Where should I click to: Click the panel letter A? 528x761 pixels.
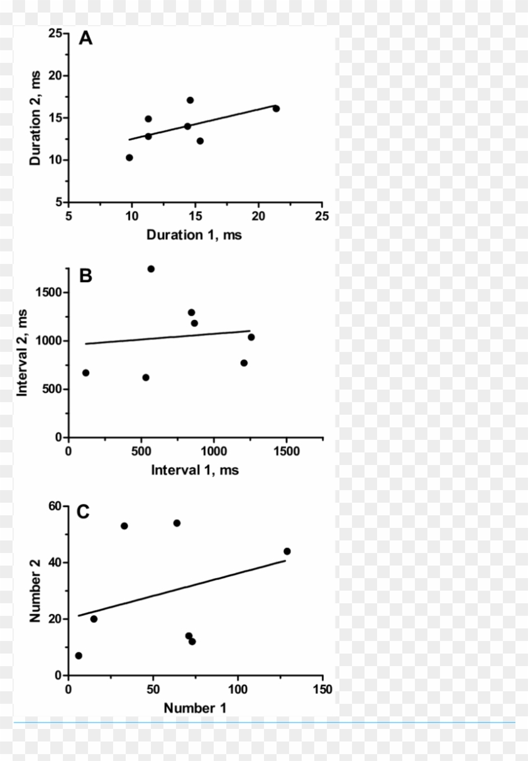coord(85,39)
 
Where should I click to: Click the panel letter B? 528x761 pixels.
coord(85,275)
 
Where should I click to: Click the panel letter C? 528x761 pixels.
coord(83,512)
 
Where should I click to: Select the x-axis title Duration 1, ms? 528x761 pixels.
coord(194,235)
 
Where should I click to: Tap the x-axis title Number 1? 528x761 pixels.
coord(195,708)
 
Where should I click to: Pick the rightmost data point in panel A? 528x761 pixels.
coord(276,109)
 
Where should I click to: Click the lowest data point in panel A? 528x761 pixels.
coord(129,158)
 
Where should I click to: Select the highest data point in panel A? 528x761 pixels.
coord(190,100)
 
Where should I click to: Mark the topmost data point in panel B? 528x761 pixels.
coord(151,269)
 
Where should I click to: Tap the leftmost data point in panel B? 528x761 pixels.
coord(85,373)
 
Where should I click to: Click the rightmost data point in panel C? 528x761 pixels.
coord(287,551)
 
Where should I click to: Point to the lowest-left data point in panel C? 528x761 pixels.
coord(79,655)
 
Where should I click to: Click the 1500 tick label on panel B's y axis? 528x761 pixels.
coord(48,293)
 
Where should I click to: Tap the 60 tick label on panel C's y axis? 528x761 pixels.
coord(54,506)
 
